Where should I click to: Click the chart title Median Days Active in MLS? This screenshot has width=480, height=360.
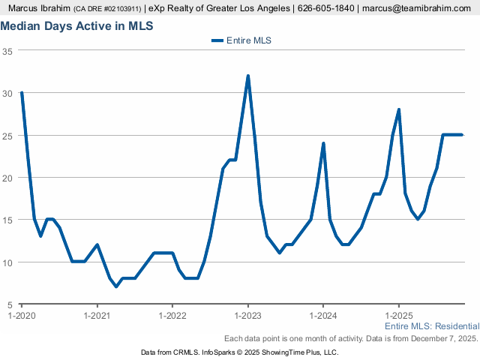76,26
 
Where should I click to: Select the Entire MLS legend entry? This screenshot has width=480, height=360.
241,41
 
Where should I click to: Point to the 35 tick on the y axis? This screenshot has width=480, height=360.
7,51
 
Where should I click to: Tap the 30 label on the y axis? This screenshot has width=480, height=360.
7,93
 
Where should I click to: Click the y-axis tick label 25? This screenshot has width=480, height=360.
7,136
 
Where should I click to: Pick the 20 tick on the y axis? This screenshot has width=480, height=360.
7,178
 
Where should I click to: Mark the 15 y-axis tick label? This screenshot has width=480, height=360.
7,220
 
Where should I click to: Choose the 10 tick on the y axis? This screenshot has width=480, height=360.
7,262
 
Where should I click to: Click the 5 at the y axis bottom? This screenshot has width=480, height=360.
10,305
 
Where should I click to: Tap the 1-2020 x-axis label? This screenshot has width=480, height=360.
22,315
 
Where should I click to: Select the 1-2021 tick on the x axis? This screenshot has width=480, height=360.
97,315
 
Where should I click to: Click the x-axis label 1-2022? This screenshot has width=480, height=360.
172,315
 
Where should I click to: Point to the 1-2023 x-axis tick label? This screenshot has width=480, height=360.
247,315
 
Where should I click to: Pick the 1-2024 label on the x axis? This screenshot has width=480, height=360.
323,315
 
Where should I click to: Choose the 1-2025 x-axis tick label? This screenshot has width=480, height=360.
398,315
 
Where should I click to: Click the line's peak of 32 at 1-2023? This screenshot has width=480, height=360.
247,76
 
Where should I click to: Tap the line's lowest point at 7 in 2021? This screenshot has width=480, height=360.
116,286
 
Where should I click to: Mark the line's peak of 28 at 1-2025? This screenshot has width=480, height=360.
399,109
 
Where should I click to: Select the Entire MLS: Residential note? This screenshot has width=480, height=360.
431,327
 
